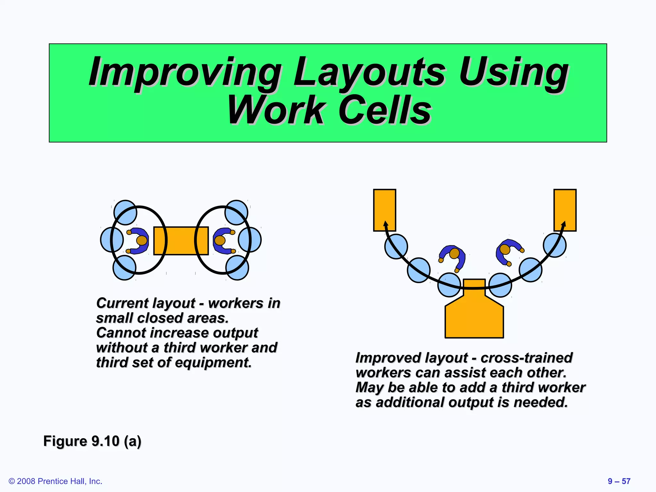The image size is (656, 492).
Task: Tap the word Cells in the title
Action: (385, 111)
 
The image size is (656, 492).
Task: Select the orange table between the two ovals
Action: (181, 241)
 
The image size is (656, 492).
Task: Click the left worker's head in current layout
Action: (142, 240)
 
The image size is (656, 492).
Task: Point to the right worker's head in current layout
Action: (220, 240)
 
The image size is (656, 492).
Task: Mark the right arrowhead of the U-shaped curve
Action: (563, 224)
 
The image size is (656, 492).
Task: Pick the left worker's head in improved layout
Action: (454, 253)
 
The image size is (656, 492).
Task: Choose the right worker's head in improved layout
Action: (505, 249)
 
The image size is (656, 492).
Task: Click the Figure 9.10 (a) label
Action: (92, 441)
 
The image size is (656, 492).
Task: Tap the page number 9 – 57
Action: (619, 481)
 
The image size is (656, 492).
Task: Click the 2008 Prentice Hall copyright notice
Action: (55, 481)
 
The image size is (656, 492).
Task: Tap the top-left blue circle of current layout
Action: (125, 212)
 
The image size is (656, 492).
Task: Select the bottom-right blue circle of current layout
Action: (237, 268)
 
